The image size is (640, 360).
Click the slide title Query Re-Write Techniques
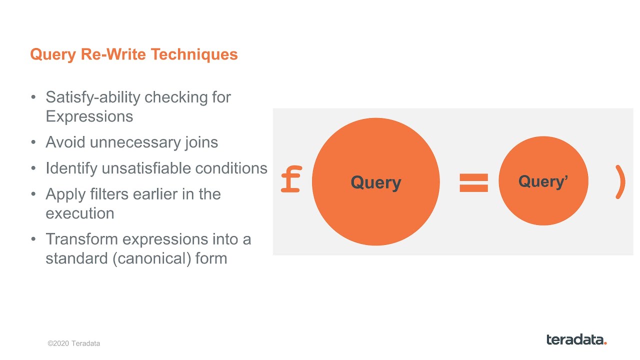133,54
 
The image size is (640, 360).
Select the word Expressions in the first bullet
89,116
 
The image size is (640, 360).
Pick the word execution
79,213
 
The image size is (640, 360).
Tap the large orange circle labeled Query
375,182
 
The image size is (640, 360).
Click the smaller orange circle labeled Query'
543,181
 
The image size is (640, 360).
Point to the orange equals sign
473,182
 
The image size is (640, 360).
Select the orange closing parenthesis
620,182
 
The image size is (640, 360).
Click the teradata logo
576,339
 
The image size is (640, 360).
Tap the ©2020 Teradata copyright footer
73,343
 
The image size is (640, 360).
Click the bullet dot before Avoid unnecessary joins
33,142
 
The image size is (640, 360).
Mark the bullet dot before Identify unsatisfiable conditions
33,168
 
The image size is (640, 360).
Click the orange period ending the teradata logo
605,343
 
